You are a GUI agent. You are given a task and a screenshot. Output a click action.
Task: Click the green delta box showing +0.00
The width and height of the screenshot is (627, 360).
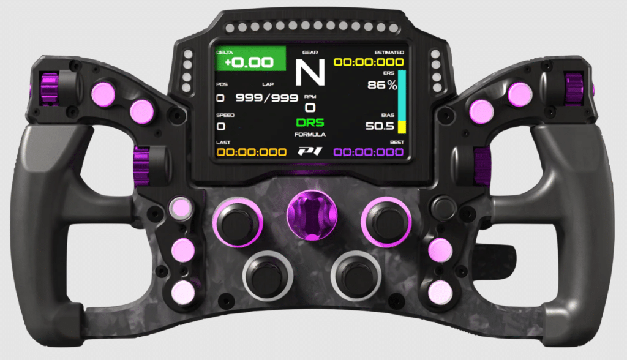tap(250, 59)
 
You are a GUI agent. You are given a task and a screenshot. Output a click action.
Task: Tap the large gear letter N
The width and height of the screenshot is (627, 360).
tap(310, 72)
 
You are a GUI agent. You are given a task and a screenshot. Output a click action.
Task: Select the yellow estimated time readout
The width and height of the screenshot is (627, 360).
tap(369, 62)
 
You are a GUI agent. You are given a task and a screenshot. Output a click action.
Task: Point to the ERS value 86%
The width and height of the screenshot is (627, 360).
tap(382, 85)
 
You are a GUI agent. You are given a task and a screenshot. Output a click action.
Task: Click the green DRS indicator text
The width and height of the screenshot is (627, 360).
tap(310, 122)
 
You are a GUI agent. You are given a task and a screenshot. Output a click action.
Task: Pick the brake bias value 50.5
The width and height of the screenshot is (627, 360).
tap(380, 126)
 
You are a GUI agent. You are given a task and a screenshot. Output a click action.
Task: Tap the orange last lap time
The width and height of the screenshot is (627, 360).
tap(252, 152)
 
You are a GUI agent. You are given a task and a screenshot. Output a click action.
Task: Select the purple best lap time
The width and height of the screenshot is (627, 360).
tap(368, 152)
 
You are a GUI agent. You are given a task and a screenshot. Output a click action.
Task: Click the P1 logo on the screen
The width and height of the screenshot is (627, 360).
tap(310, 151)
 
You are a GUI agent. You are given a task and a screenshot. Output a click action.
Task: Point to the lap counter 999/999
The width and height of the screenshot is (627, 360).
tap(267, 97)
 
